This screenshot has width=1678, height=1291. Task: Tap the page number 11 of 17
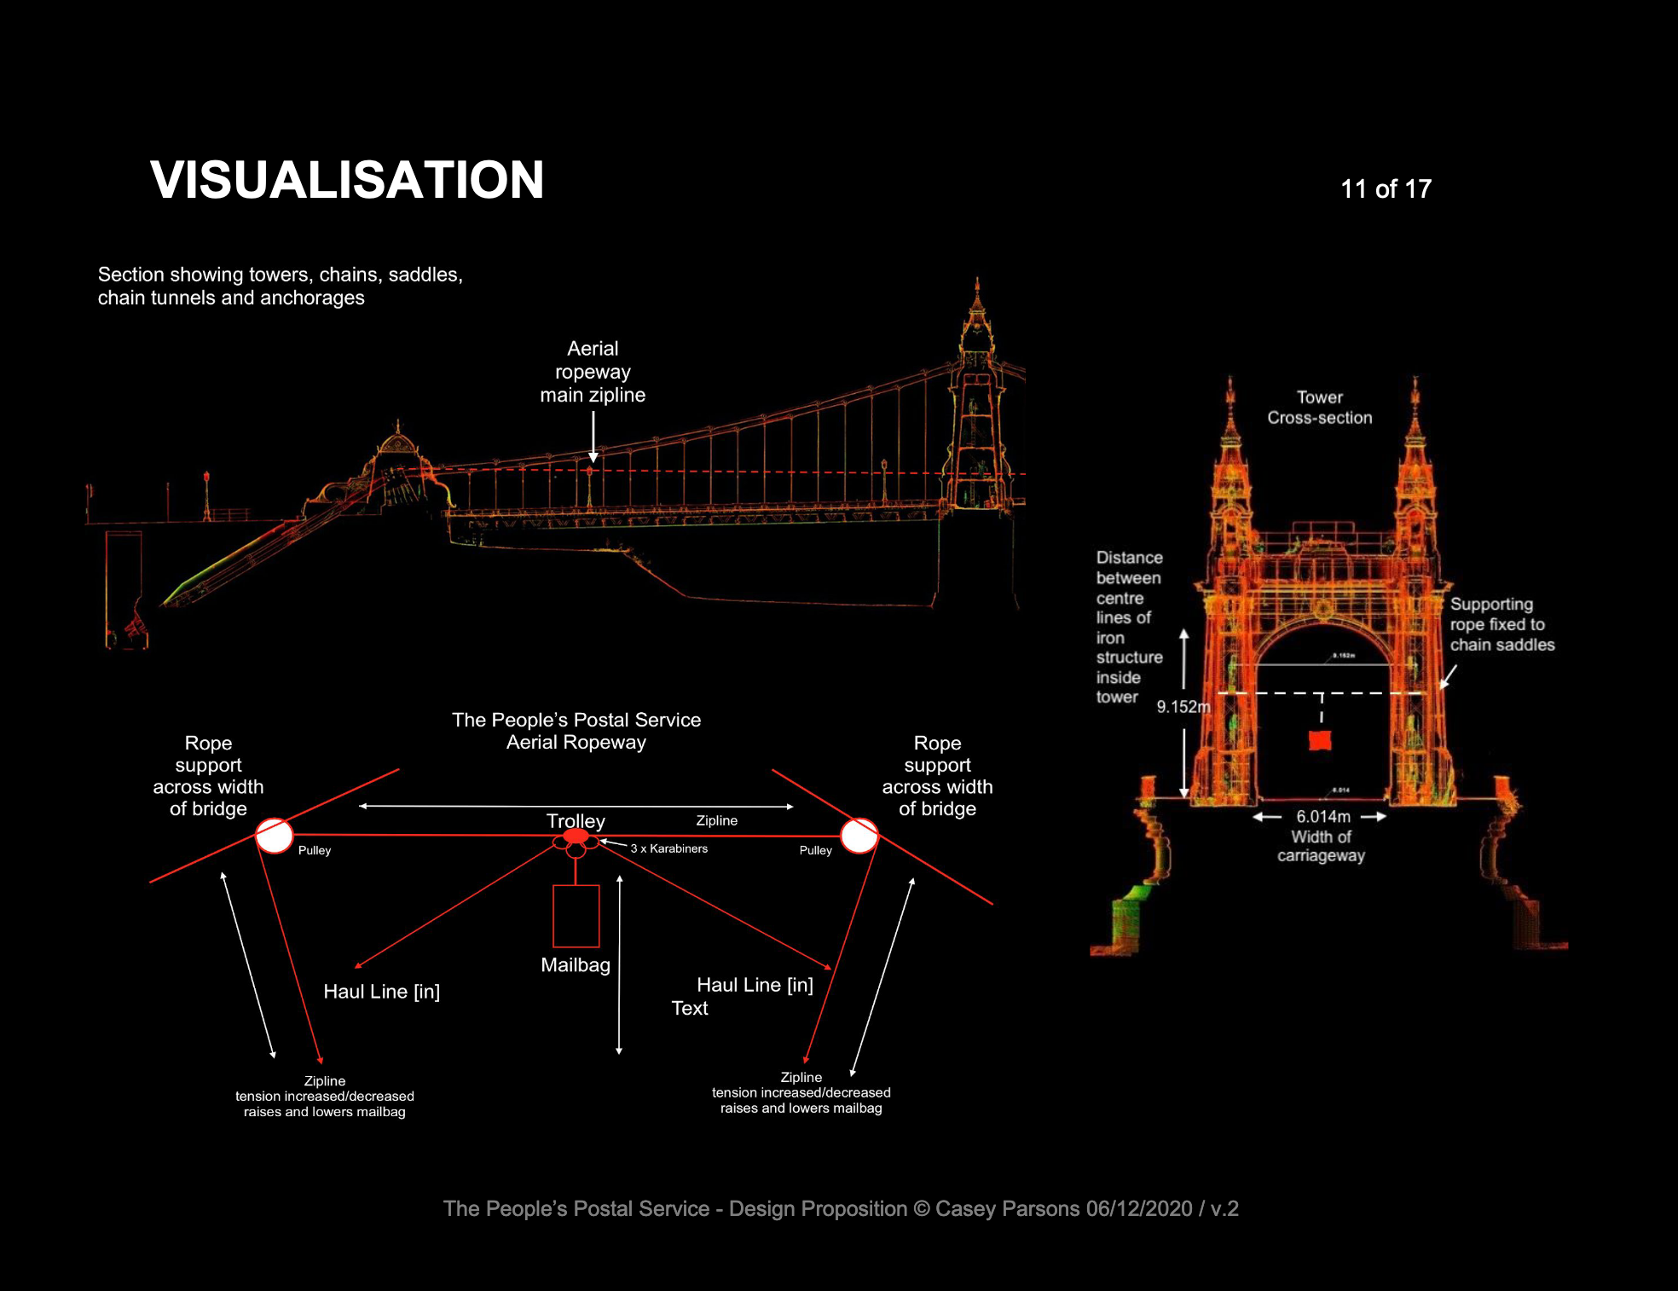[1386, 188]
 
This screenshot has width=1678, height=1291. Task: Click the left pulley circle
[275, 836]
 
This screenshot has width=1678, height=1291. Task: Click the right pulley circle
[859, 836]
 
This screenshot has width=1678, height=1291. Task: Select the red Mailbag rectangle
[576, 917]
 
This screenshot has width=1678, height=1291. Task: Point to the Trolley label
[576, 820]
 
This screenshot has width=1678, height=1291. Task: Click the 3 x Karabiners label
[669, 848]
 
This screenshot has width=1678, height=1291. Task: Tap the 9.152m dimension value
[1183, 707]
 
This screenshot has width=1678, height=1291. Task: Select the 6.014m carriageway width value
[1323, 816]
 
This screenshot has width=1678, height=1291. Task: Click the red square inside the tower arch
[1320, 740]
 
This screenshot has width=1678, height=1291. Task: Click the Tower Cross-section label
[1320, 408]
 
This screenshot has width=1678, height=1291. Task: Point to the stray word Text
[690, 1008]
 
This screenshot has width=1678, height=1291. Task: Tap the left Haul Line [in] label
[382, 992]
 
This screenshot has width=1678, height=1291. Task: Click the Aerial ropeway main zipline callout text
[593, 372]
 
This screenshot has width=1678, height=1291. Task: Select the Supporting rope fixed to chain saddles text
[1502, 624]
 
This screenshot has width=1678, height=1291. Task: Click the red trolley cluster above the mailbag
[576, 842]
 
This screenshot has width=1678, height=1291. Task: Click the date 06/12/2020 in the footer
[1139, 1208]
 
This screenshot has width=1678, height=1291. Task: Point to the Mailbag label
[576, 965]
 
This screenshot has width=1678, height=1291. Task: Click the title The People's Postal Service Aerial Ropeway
[576, 731]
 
